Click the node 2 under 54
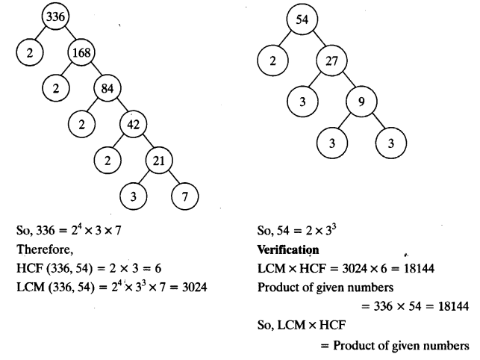click(x=273, y=61)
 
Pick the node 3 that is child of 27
click(x=302, y=102)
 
